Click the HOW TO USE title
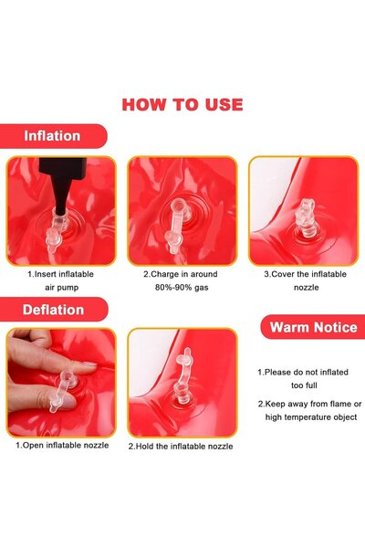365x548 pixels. point(182,105)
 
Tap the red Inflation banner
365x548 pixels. point(53,136)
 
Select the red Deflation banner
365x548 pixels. point(54,310)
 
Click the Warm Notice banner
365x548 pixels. point(313,327)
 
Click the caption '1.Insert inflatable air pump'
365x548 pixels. point(61,280)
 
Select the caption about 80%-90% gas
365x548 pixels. point(181,280)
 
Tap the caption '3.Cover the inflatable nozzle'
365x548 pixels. point(306,280)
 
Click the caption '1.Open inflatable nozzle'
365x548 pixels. point(62,446)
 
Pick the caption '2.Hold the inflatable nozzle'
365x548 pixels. point(181,447)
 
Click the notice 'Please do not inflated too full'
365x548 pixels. point(303,379)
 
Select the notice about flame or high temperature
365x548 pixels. point(310,410)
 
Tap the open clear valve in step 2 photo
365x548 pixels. point(179,224)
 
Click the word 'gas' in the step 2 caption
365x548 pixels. point(202,288)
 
